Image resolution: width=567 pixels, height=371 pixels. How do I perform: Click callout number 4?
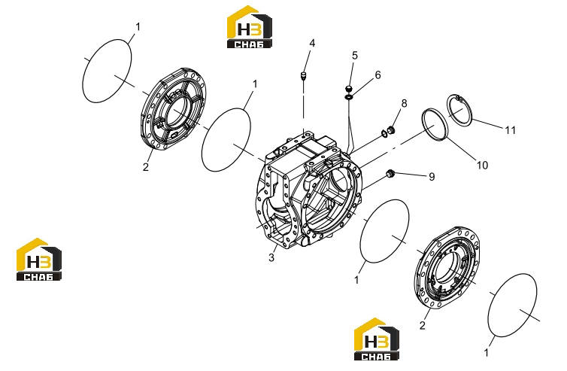pyautogui.click(x=312, y=44)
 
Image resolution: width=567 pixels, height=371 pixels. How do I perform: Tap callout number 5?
pyautogui.click(x=355, y=56)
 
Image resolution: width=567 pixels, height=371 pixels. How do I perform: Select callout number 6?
pyautogui.click(x=378, y=75)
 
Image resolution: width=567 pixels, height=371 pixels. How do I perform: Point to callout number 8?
pyautogui.click(x=404, y=103)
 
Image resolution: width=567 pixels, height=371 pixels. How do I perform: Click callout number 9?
pyautogui.click(x=432, y=177)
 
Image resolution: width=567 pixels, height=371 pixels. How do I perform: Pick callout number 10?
pyautogui.click(x=482, y=165)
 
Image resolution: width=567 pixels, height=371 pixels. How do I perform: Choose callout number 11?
pyautogui.click(x=511, y=130)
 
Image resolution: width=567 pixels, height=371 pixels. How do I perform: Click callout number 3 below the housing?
pyautogui.click(x=271, y=257)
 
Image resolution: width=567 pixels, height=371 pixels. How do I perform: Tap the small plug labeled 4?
pyautogui.click(x=303, y=76)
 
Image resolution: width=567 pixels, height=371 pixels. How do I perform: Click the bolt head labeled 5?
pyautogui.click(x=348, y=88)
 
